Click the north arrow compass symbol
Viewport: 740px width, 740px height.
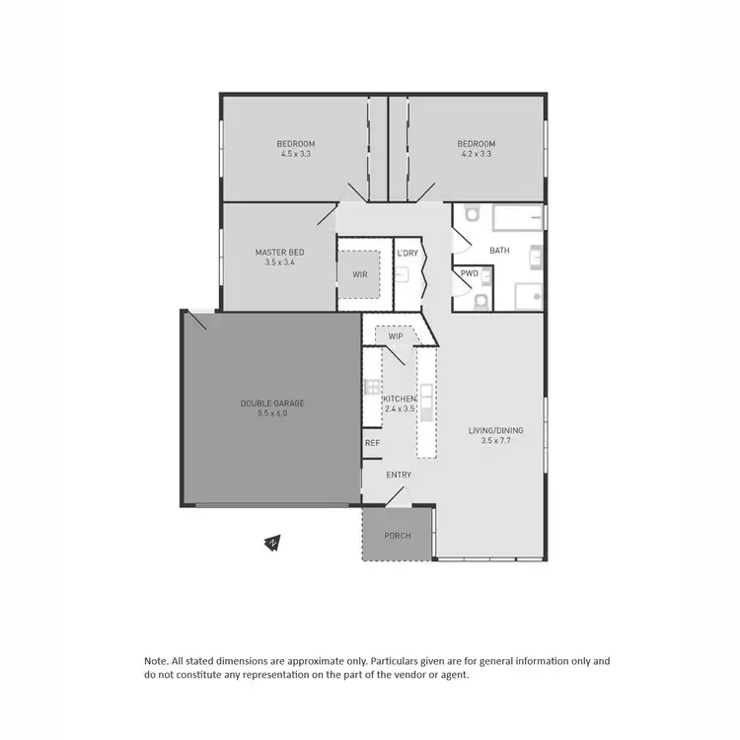(272, 542)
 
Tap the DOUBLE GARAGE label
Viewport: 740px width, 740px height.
(272, 403)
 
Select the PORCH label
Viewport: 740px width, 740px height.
(398, 536)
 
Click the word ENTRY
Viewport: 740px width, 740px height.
(399, 475)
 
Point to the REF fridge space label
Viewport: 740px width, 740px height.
(372, 443)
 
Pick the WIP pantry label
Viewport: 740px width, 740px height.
(396, 336)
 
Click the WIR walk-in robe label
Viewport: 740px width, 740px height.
(359, 274)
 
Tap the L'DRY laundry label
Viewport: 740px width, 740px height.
(407, 254)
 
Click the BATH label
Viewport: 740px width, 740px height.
(499, 251)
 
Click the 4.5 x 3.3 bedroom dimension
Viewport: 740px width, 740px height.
(296, 154)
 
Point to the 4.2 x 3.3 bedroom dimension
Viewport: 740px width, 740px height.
(476, 154)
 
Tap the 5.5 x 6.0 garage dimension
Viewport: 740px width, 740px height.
(272, 413)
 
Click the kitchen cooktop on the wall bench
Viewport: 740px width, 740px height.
(372, 387)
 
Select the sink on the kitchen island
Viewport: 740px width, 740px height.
(426, 398)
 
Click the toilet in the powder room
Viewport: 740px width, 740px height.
(481, 300)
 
